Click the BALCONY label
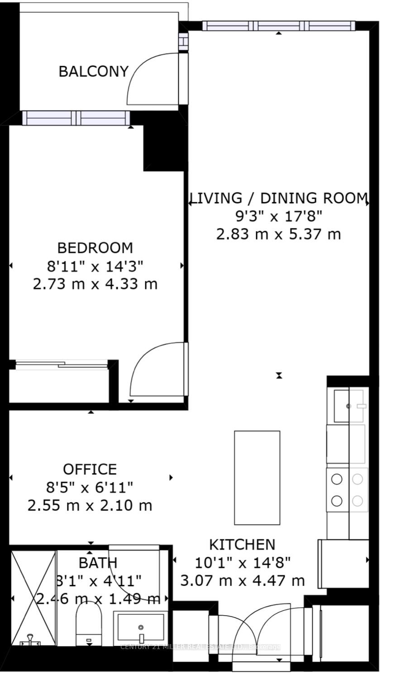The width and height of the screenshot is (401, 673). click(x=94, y=71)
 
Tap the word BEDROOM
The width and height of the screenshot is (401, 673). click(x=95, y=248)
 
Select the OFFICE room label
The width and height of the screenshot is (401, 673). click(x=90, y=469)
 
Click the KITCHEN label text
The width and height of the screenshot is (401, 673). click(x=242, y=544)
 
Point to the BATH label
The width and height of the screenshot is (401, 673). click(x=98, y=563)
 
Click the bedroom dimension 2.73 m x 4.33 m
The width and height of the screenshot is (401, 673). click(x=95, y=284)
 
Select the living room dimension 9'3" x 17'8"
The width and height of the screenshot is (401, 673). click(x=278, y=216)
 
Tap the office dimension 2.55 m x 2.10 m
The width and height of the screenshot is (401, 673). click(x=90, y=505)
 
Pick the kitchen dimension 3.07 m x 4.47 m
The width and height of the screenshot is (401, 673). click(x=242, y=580)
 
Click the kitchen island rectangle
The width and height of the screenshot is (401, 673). click(x=257, y=478)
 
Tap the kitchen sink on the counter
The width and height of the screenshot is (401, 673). click(x=348, y=406)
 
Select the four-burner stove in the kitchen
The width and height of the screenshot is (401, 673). click(x=347, y=490)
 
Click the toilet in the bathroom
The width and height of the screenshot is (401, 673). click(x=89, y=622)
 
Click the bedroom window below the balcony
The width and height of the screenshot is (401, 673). click(x=76, y=118)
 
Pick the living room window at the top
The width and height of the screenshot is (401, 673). click(x=278, y=26)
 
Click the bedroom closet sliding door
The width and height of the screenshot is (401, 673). click(x=61, y=363)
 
